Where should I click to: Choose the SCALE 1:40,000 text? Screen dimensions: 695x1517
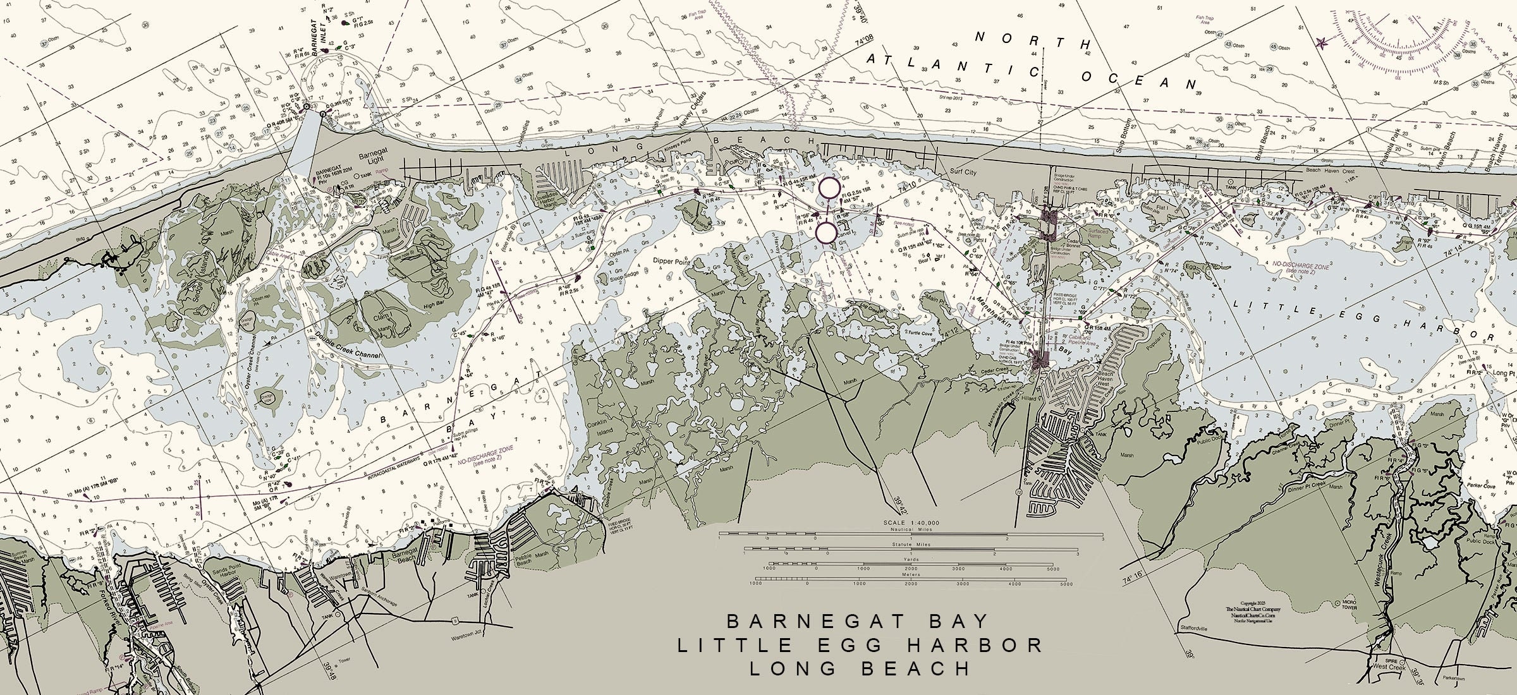coord(910,524)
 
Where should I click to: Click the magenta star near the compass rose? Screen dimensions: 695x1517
coord(1320,43)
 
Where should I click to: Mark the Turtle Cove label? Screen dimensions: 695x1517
coord(918,332)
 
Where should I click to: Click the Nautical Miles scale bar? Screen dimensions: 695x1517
coord(910,534)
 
